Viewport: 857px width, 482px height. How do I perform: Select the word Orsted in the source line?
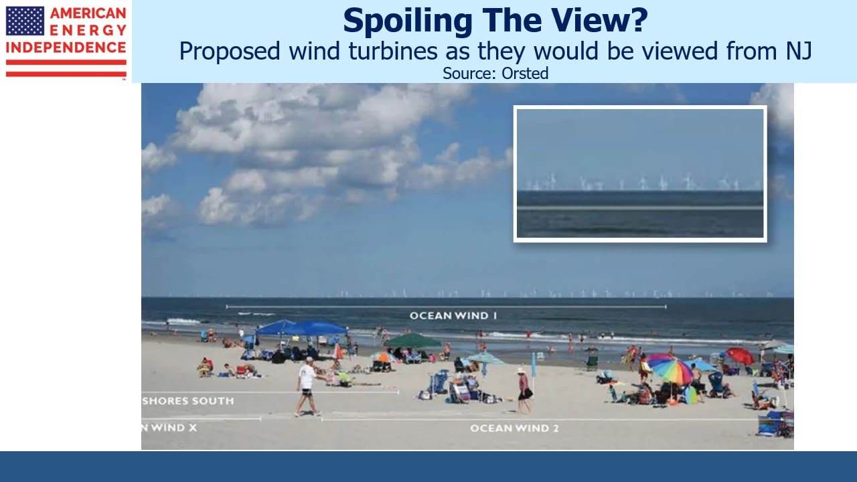tap(525, 73)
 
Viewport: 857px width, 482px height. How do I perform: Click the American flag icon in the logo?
tap(25, 21)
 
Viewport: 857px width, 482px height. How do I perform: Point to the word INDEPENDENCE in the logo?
tap(66, 48)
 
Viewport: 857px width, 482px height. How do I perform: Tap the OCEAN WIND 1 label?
tap(453, 315)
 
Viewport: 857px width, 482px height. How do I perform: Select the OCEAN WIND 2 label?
tap(514, 428)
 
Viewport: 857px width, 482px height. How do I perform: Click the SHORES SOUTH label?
tap(188, 401)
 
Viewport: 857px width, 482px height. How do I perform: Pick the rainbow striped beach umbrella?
tap(670, 368)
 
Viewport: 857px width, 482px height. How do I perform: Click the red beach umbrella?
tap(741, 355)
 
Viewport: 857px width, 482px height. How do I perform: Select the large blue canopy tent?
tap(302, 328)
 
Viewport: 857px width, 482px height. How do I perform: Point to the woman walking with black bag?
tap(524, 391)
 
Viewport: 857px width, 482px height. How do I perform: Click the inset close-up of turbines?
tap(640, 173)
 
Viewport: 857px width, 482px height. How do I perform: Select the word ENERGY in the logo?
tap(88, 30)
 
